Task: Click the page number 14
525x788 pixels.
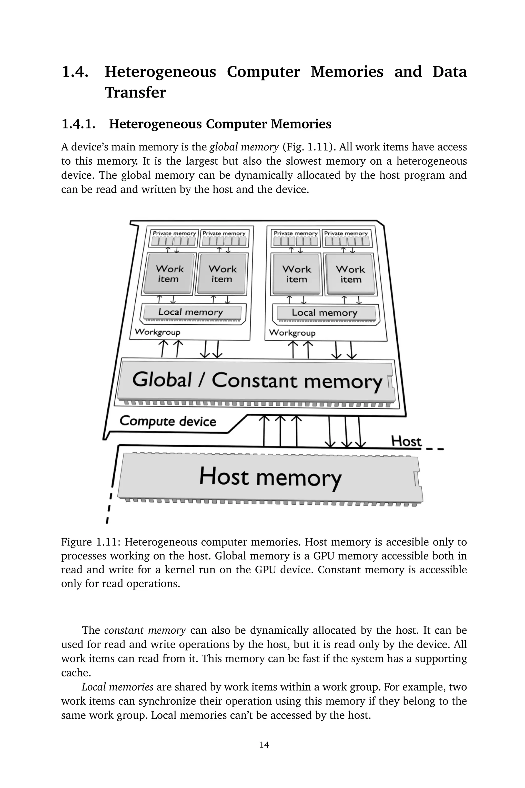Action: pyautogui.click(x=264, y=744)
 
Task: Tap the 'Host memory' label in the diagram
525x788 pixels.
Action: pyautogui.click(x=270, y=477)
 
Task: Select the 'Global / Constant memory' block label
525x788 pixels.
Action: pyautogui.click(x=257, y=381)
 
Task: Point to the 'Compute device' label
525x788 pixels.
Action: pyautogui.click(x=168, y=421)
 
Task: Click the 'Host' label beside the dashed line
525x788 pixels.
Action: pyautogui.click(x=406, y=441)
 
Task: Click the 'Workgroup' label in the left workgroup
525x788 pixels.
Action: pyautogui.click(x=157, y=332)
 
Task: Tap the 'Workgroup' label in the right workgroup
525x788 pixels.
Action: pyautogui.click(x=292, y=333)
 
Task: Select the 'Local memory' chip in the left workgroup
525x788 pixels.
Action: pyautogui.click(x=190, y=312)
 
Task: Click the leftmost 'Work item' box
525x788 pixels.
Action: pyautogui.click(x=169, y=274)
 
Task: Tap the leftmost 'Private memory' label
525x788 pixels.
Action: pyautogui.click(x=174, y=233)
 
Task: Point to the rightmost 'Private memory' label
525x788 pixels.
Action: pyautogui.click(x=346, y=233)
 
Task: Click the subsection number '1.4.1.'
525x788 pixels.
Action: pyautogui.click(x=79, y=124)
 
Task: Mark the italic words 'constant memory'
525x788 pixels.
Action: pyautogui.click(x=145, y=630)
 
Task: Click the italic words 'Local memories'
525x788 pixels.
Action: pyautogui.click(x=117, y=687)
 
